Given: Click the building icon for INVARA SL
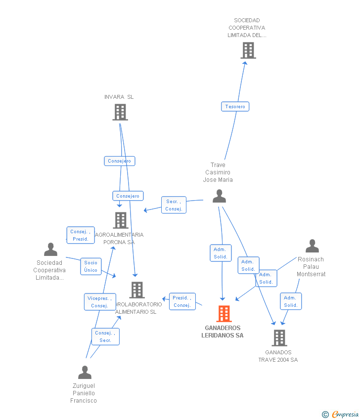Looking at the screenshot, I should point(120,112).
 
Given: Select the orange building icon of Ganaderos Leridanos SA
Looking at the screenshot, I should point(224,314).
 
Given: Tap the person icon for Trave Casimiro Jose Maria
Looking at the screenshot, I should point(219,196).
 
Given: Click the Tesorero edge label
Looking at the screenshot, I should point(235,107).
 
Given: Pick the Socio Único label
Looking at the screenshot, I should point(90,266).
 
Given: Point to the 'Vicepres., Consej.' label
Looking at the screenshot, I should point(99,302).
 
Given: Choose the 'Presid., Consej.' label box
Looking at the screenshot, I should point(182,301).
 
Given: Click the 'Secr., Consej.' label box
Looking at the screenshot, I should point(174,205).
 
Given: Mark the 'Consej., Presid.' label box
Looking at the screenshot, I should point(80,235).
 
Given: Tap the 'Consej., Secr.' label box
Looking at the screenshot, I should point(105,336).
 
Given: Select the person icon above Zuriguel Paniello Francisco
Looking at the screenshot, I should point(85,372).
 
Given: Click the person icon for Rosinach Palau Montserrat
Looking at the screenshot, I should point(312,246).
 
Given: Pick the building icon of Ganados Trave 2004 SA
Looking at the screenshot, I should point(279,338).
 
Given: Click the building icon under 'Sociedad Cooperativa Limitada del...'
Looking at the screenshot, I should point(248,50).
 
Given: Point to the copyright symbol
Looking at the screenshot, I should point(325,415).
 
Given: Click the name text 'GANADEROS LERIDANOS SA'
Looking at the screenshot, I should point(223,332).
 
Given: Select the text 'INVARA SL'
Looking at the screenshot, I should point(119,97).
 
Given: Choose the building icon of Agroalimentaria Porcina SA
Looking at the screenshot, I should point(121,220).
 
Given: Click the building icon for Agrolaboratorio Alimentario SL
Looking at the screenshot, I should point(137,290).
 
